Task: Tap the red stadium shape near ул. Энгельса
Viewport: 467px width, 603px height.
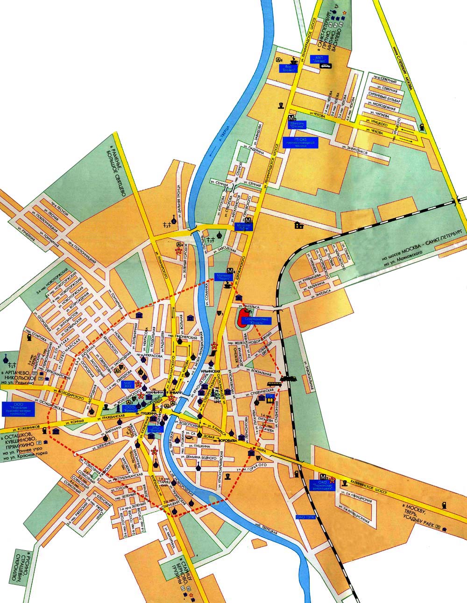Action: pos(242,319)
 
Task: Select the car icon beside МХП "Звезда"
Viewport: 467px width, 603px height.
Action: pos(325,66)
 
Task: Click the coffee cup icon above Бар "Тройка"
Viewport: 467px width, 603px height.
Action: pos(295,60)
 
